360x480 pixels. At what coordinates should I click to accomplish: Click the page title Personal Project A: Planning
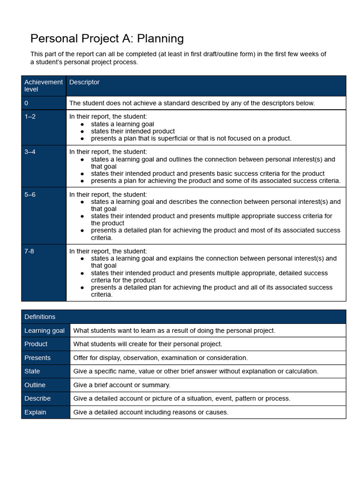107,38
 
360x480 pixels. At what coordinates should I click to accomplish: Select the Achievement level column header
43,85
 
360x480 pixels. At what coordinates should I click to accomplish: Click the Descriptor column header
84,82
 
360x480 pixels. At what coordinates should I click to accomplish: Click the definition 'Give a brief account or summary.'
122,385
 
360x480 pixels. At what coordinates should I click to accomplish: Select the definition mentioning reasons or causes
150,412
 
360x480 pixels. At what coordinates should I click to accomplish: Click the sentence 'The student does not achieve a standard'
192,103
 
